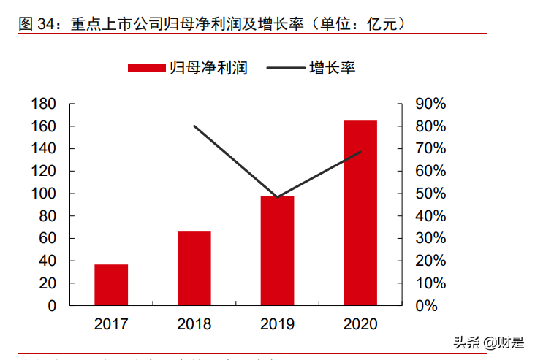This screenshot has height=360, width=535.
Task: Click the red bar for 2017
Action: tap(111, 285)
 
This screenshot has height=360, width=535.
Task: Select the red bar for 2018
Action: tap(194, 269)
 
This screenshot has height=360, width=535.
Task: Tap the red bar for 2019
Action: tap(277, 250)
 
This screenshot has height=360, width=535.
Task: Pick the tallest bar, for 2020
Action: tap(360, 212)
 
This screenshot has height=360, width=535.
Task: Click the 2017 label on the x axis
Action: tap(111, 324)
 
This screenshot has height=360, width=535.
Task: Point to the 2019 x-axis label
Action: tap(277, 324)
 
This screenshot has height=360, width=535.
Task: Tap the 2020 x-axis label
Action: tap(360, 324)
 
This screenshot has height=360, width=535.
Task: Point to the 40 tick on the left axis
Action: tap(48, 261)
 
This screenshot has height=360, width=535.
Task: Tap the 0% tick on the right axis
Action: tap(426, 306)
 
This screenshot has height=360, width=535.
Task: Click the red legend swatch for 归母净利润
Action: tap(146, 68)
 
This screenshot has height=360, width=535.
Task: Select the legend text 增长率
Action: tap(333, 68)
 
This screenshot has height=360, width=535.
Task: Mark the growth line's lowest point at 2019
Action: tap(277, 197)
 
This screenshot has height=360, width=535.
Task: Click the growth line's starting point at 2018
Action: tap(194, 126)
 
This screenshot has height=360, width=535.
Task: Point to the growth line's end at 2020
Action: tap(360, 152)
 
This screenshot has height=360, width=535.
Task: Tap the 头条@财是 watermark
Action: tap(488, 342)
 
